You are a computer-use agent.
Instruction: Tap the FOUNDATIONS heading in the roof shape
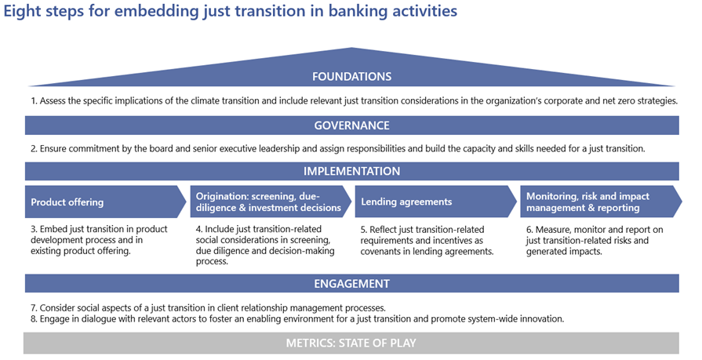coord(352,77)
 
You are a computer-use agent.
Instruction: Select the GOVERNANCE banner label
coord(352,125)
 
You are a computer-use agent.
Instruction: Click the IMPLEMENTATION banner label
coord(352,171)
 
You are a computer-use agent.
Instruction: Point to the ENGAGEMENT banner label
coord(352,283)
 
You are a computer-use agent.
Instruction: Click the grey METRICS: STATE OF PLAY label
coord(351,343)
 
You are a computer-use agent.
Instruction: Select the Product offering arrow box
coord(106,202)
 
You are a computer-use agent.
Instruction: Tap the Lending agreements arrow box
coord(435,202)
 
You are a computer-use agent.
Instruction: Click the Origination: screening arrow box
coord(271,202)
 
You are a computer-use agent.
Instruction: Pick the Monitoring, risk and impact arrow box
coord(602,202)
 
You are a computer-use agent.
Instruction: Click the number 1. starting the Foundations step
coord(34,100)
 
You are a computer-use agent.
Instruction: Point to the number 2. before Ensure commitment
coord(34,149)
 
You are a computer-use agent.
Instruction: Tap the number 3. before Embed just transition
coord(34,229)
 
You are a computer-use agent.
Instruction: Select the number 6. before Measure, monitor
coord(529,230)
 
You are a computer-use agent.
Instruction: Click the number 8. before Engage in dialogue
coord(34,318)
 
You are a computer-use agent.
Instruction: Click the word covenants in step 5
coord(380,251)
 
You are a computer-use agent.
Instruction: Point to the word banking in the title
coord(358,11)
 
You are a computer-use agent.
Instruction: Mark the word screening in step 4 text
coord(311,240)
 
